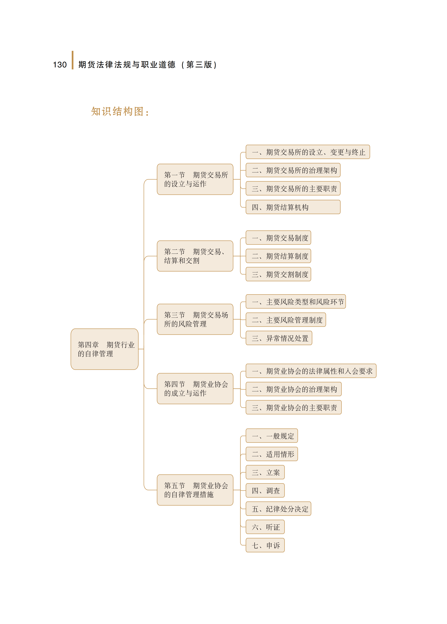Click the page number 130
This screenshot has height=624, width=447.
click(60, 65)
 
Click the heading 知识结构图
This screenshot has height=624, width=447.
click(118, 111)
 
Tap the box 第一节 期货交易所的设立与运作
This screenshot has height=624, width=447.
click(195, 179)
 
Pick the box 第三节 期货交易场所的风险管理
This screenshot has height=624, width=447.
click(195, 319)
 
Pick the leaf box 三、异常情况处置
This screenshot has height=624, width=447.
click(279, 338)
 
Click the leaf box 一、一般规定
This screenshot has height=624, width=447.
click(272, 436)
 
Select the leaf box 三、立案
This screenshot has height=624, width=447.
click(265, 472)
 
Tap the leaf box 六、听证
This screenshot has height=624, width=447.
click(265, 527)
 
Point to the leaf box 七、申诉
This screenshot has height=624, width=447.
click(265, 545)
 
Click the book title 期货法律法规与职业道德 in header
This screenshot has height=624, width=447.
click(127, 65)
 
